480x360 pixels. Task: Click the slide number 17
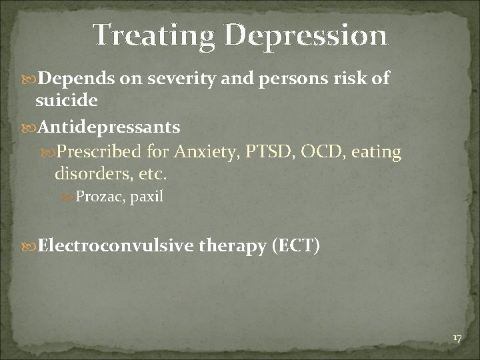pos(457,339)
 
